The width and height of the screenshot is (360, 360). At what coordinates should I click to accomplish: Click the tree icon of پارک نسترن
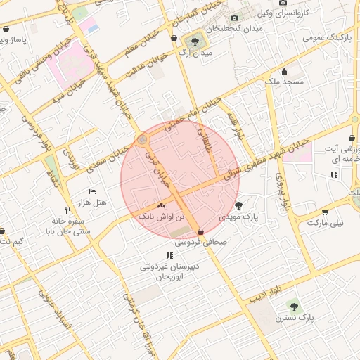click(x=293, y=307)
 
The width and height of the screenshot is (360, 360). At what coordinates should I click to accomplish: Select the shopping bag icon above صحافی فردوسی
click(x=201, y=231)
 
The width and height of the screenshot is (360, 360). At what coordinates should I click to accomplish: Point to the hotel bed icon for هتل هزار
click(x=92, y=191)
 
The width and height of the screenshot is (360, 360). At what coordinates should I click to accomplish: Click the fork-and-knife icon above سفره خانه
click(x=68, y=210)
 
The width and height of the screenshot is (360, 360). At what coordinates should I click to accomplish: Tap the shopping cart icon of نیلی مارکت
click(x=325, y=212)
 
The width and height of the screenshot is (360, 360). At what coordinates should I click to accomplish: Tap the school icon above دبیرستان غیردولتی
click(x=169, y=255)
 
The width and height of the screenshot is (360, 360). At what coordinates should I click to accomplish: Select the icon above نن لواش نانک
click(x=162, y=205)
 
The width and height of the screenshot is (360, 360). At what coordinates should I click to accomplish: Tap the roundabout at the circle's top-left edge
click(x=143, y=140)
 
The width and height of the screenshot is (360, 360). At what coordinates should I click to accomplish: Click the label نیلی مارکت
click(x=328, y=223)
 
